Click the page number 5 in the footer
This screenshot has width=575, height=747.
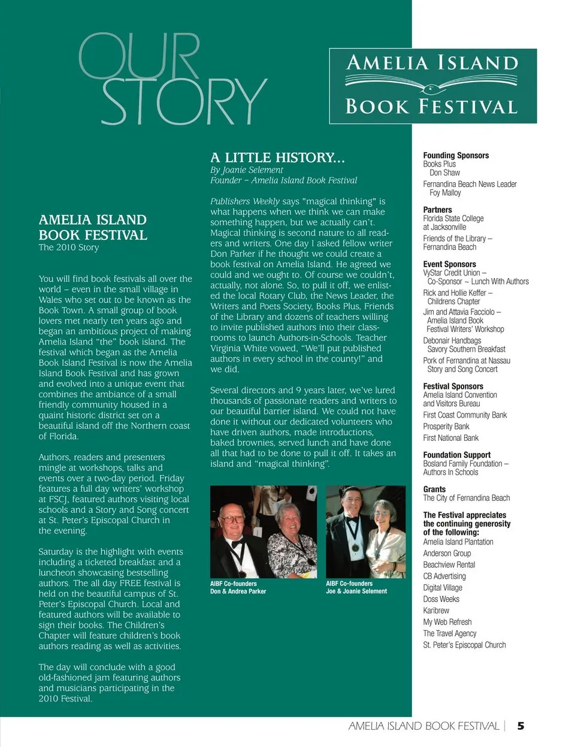pyautogui.click(x=520, y=725)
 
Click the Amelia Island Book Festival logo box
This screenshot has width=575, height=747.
pyautogui.click(x=432, y=86)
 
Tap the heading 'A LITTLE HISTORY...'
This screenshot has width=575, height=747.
pyautogui.click(x=277, y=158)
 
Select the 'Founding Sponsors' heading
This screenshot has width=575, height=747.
pyautogui.click(x=456, y=155)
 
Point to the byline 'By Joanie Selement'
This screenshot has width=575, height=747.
pyautogui.click(x=246, y=170)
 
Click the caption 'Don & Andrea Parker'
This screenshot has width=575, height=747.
pyautogui.click(x=238, y=591)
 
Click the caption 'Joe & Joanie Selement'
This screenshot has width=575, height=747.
pyautogui.click(x=356, y=591)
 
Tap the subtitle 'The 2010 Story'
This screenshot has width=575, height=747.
pyautogui.click(x=69, y=247)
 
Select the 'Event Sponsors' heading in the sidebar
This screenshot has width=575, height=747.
pyautogui.click(x=449, y=264)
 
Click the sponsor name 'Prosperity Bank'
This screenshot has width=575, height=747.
pyautogui.click(x=446, y=427)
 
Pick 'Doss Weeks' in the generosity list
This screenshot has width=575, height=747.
pyautogui.click(x=441, y=599)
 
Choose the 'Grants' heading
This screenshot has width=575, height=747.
pyautogui.click(x=434, y=489)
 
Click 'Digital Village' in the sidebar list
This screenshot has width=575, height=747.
pyautogui.click(x=443, y=588)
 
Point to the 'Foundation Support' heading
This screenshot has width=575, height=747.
pyautogui.click(x=456, y=455)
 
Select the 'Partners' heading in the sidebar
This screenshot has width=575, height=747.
pyautogui.click(x=437, y=210)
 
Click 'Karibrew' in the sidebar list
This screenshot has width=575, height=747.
pyautogui.click(x=436, y=610)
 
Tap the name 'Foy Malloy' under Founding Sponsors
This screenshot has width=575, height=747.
pyautogui.click(x=445, y=193)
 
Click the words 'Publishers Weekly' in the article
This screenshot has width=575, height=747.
pyautogui.click(x=244, y=201)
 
